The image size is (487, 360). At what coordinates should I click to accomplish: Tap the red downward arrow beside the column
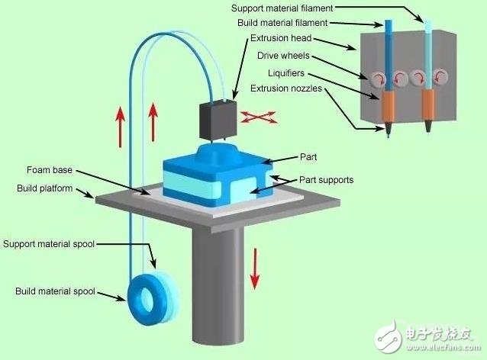click(256, 266)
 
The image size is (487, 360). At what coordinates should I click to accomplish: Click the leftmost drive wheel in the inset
click(379, 78)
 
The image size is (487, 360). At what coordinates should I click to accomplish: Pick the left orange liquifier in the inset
click(390, 108)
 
